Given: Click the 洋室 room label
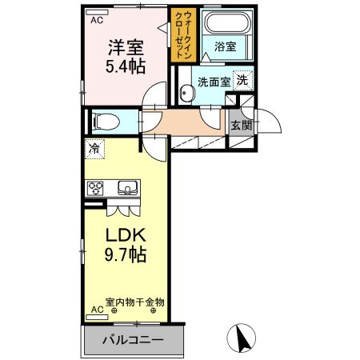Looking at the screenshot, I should [127, 46].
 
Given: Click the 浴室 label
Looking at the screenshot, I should [225, 47].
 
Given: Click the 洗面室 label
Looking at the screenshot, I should [214, 81].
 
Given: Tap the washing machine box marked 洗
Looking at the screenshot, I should [242, 79].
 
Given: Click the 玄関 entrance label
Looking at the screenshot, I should [242, 124].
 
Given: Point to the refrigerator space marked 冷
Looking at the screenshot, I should [94, 148].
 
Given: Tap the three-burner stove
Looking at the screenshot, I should [97, 189].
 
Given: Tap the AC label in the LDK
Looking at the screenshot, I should [96, 309].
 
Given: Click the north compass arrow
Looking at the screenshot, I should [240, 338].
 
